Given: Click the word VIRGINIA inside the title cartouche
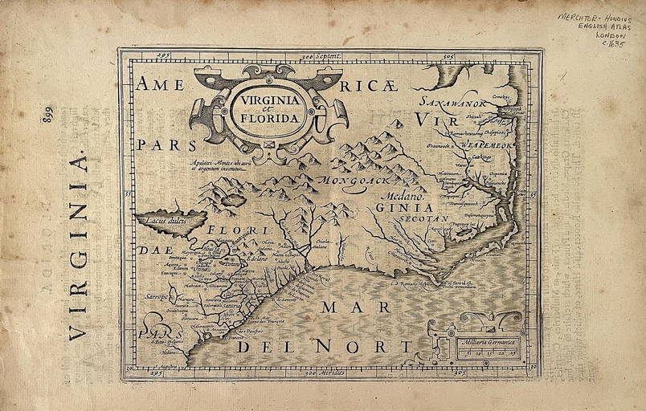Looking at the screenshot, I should (x=265, y=101).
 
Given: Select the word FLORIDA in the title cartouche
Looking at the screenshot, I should (x=267, y=117).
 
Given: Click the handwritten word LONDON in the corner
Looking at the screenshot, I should (x=610, y=35).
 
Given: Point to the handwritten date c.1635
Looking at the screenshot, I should (x=611, y=46).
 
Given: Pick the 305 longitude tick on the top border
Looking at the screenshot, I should (x=449, y=56).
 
